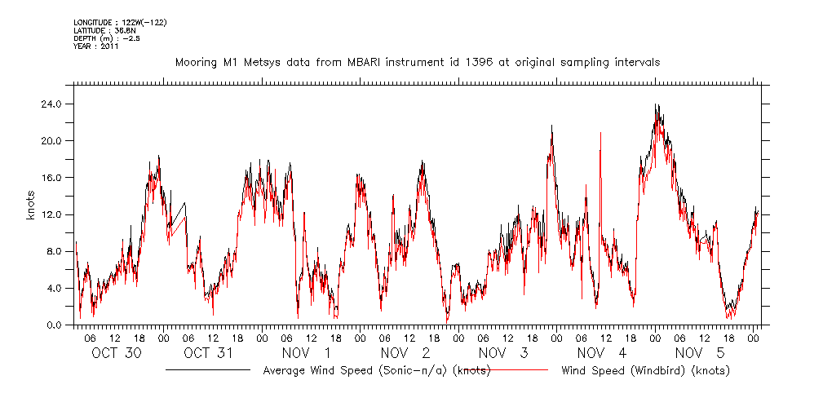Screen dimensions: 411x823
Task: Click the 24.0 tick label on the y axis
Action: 52,104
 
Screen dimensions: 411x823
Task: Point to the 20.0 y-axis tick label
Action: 52,141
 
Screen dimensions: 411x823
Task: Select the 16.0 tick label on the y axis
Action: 52,178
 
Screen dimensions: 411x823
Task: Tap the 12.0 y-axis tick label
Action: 52,214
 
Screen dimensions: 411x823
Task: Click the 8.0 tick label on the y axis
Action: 55,251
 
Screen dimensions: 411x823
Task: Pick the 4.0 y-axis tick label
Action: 55,288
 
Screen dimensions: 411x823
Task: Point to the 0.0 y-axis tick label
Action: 55,325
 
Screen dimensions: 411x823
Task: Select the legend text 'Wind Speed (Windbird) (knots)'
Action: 645,371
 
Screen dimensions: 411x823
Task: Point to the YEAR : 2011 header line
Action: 95,46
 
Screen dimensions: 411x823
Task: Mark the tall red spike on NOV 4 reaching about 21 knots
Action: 601,134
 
